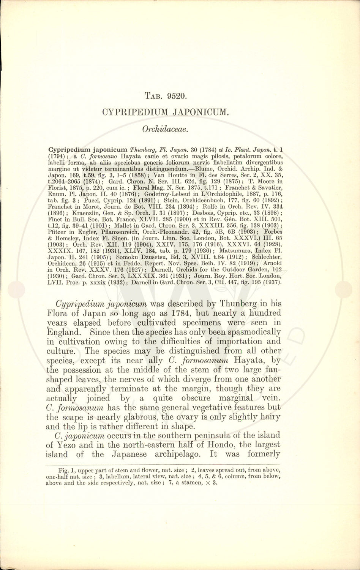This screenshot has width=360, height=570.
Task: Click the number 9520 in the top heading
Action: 175,96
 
